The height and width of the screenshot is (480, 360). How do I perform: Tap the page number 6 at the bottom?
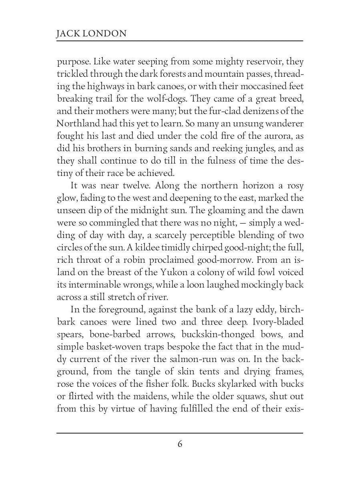(180, 444)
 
